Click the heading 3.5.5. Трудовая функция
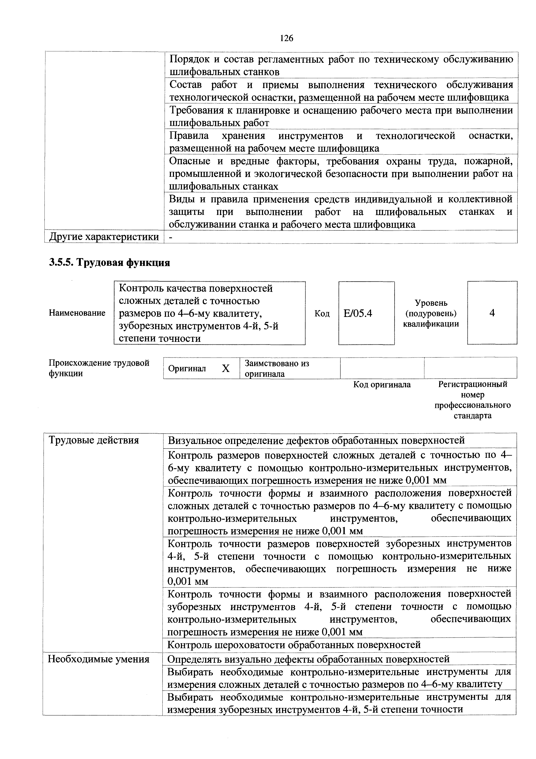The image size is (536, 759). (x=110, y=262)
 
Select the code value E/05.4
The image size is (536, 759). (x=358, y=313)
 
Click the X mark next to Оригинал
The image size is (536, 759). (x=226, y=368)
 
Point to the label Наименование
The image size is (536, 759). (x=77, y=313)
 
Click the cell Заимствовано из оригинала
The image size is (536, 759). (x=277, y=368)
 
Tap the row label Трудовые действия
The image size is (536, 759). (x=94, y=440)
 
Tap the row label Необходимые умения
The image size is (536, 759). (x=98, y=659)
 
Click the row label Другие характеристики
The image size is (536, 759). (x=104, y=237)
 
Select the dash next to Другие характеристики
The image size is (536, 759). (x=170, y=237)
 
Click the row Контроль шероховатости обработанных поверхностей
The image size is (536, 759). (x=294, y=645)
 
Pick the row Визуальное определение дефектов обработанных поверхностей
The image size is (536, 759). (x=316, y=440)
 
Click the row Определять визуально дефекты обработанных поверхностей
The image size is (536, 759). (x=308, y=659)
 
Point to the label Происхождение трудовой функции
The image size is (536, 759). (x=99, y=368)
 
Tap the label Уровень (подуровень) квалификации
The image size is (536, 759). (x=431, y=313)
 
